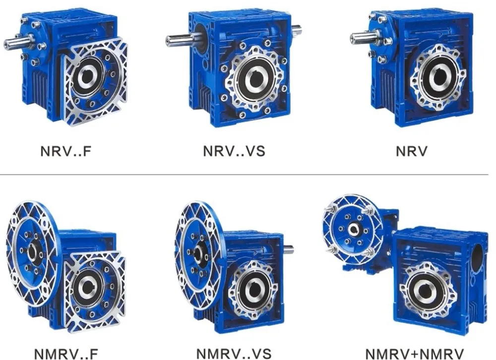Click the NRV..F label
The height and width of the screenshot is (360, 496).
coord(66,151)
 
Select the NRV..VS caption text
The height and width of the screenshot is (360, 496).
coord(234,151)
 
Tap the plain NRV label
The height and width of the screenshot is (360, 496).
coord(411,151)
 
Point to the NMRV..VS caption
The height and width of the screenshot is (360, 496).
coord(234,354)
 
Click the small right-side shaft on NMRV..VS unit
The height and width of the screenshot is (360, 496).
coord(288,249)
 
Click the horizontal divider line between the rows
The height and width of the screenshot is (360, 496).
coord(248,175)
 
